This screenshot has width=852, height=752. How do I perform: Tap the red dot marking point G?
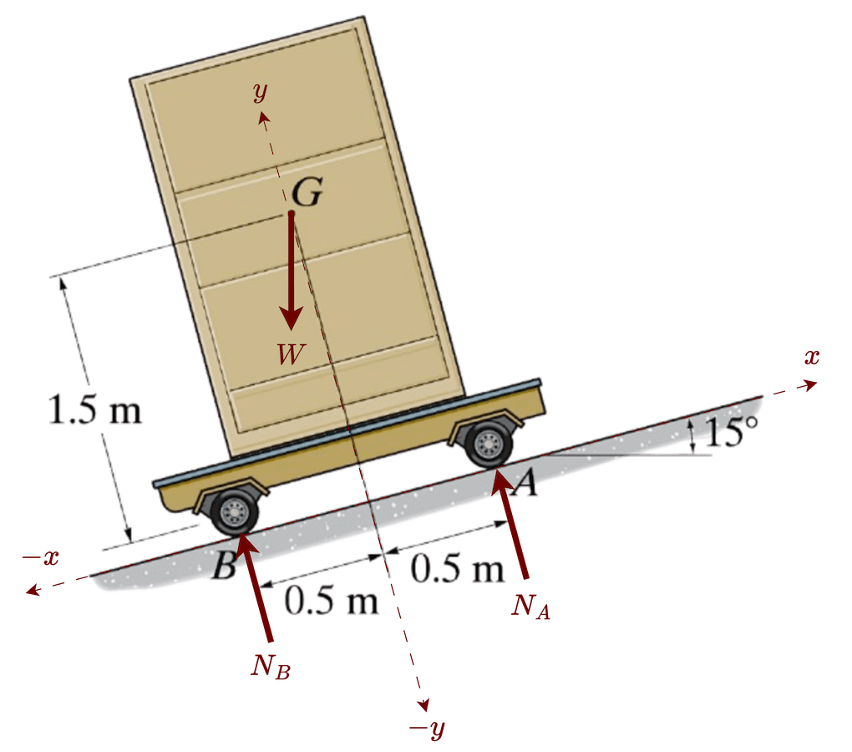point(292,216)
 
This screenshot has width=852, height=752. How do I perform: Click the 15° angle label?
point(732,432)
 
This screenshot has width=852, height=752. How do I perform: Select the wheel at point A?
point(488,445)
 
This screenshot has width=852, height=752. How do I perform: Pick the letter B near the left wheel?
point(223,568)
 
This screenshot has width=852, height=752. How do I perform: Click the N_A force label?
point(531,606)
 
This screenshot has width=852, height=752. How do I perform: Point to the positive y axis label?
point(261,91)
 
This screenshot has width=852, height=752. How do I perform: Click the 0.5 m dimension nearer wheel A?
point(458,570)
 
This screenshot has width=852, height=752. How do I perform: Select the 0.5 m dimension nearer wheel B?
point(332,600)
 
